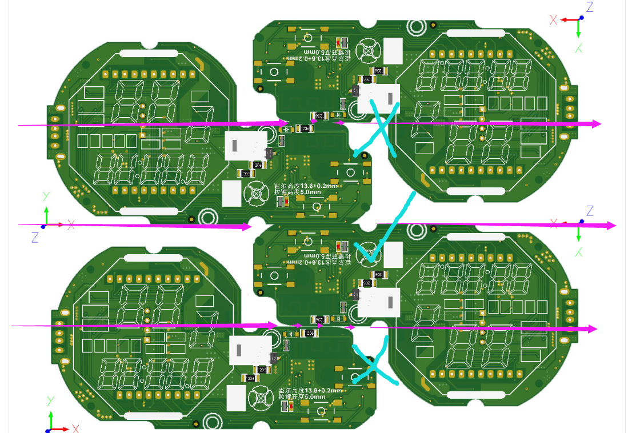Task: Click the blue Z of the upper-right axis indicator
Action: coord(590,7)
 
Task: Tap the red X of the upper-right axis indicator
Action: coord(553,20)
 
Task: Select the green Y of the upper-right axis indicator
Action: coord(579,48)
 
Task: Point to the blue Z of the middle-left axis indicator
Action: coord(35,237)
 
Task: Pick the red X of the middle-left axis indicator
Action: coord(71,224)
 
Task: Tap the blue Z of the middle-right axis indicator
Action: coord(590,210)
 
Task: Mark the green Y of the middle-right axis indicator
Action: coord(579,251)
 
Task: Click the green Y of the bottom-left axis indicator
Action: coord(50,399)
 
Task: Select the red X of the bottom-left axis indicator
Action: coord(75,428)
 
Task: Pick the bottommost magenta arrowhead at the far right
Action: coord(594,329)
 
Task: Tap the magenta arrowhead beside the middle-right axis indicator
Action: coord(612,225)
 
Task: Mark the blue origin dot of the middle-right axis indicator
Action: coord(581,221)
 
